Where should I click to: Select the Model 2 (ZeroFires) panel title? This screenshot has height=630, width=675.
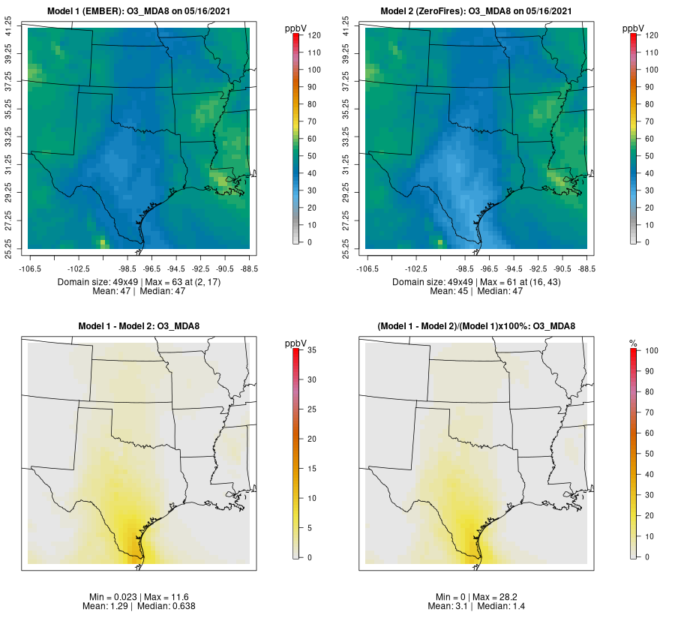click(477, 11)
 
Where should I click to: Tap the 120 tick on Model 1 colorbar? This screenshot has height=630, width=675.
click(313, 35)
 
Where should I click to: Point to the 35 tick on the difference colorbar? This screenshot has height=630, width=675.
click(313, 350)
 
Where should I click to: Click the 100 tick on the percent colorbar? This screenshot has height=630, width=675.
click(651, 350)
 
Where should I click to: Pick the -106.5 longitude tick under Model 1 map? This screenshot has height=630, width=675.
click(30, 267)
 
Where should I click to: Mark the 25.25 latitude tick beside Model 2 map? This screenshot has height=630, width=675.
click(347, 248)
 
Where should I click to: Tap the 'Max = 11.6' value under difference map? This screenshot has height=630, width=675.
click(157, 595)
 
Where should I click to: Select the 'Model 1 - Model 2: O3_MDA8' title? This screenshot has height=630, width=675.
click(139, 326)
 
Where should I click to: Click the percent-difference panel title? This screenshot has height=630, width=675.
click(476, 326)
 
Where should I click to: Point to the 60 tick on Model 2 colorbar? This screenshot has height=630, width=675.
click(651, 139)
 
